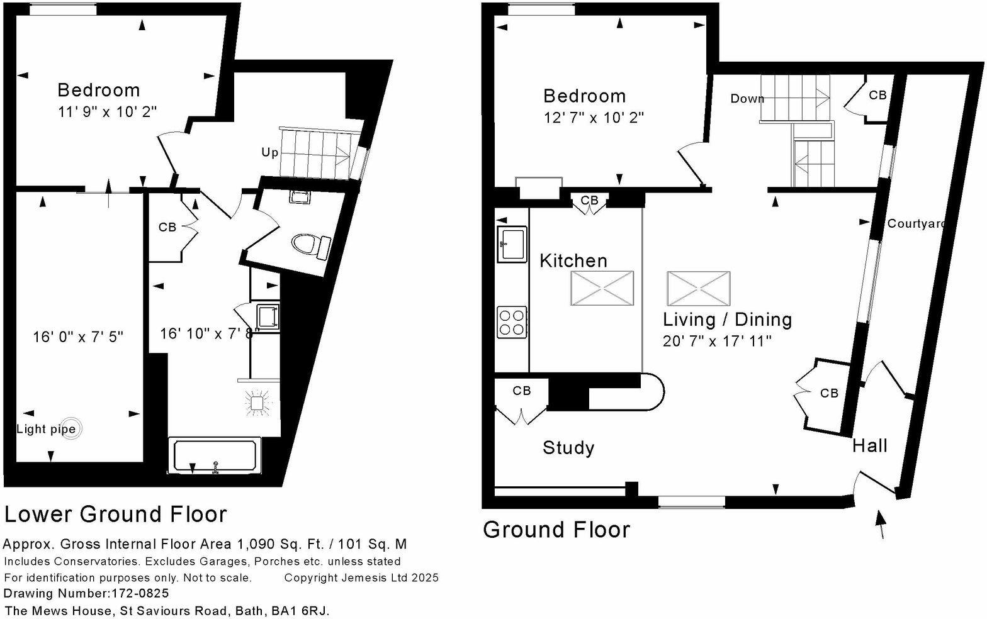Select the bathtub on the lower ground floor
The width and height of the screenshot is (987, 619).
(x=215, y=456)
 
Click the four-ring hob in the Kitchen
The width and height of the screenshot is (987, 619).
(x=512, y=321)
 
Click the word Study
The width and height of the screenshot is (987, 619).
(x=568, y=448)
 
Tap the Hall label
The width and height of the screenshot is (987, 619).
(x=869, y=446)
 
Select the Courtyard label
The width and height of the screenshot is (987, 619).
(x=915, y=224)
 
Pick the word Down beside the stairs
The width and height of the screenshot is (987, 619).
(x=747, y=99)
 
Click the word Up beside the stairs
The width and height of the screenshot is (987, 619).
(x=269, y=153)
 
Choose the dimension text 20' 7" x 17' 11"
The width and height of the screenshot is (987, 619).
(x=717, y=342)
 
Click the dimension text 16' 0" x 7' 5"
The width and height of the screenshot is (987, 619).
(x=78, y=337)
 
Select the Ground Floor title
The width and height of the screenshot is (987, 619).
(x=556, y=530)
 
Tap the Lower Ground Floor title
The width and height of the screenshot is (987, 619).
(x=115, y=515)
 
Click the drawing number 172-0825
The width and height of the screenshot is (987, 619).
(x=140, y=593)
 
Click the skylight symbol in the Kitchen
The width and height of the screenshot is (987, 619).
(x=602, y=289)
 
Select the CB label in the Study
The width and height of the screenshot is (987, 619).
(x=521, y=391)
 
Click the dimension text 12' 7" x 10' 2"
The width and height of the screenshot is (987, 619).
(x=594, y=118)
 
